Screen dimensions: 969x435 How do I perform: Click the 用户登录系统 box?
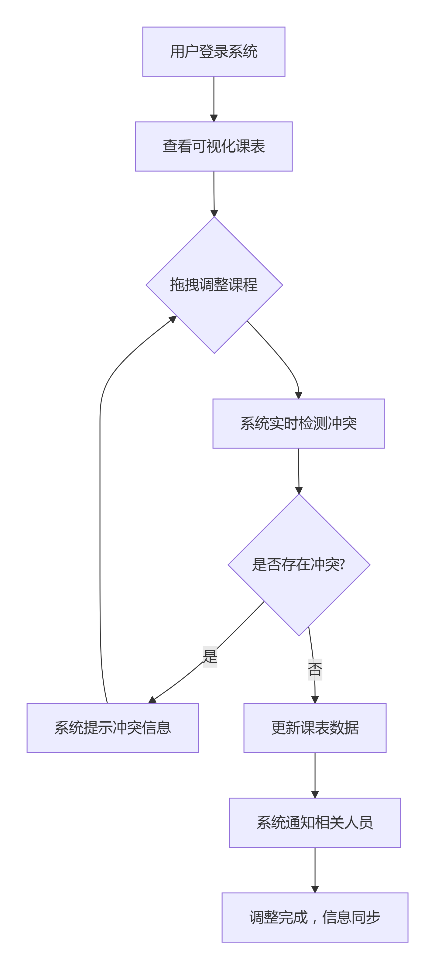point(214,52)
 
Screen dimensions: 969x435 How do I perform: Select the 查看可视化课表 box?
point(214,146)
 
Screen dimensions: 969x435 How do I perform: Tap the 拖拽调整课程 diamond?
point(214,285)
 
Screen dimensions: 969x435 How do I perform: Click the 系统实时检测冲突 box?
point(299,424)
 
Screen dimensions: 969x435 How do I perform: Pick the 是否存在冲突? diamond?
point(299,565)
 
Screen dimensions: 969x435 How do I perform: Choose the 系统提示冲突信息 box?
point(112,728)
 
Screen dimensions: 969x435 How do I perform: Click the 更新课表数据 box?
point(315,728)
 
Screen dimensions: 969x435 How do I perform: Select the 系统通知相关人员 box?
point(315,823)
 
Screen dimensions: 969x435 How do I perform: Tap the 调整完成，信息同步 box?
point(315,917)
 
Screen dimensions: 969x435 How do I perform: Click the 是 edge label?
point(210,657)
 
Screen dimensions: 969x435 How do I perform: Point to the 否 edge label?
point(315,670)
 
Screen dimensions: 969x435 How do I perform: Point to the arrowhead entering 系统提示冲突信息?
point(152,700)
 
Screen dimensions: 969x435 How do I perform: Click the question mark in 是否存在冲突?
point(342,565)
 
